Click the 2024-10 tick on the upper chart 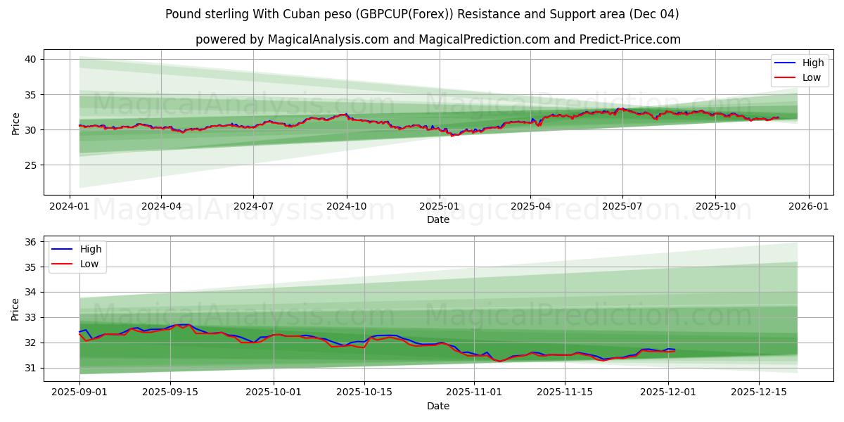coord(346,205)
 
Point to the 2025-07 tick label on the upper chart coord(622,205)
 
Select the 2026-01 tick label coord(807,205)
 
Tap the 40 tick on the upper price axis coord(30,60)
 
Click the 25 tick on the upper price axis coord(30,165)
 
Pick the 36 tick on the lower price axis coord(30,242)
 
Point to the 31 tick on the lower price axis coord(30,368)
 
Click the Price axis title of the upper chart coord(16,123)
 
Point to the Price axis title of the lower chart coord(16,309)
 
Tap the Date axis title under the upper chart coord(438,219)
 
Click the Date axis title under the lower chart coord(438,406)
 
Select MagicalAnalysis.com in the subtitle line coord(328,39)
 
